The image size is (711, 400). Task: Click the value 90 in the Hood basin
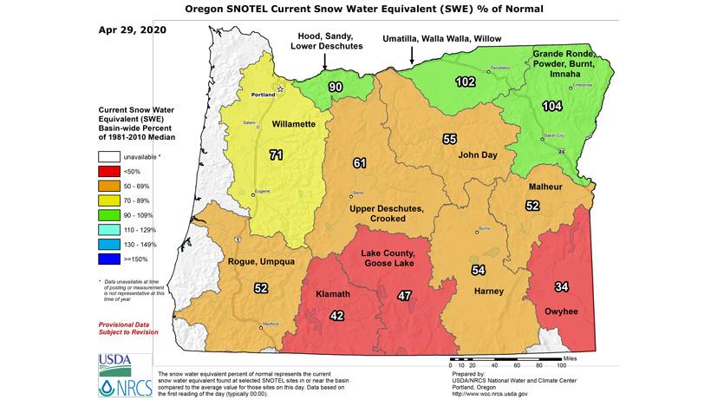click(335, 87)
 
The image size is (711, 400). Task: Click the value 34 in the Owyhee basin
click(562, 286)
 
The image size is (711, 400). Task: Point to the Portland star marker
click(280, 89)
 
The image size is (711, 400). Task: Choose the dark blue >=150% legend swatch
click(108, 258)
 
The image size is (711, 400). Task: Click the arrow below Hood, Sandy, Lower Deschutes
click(324, 62)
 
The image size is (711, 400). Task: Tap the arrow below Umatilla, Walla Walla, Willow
click(412, 55)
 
